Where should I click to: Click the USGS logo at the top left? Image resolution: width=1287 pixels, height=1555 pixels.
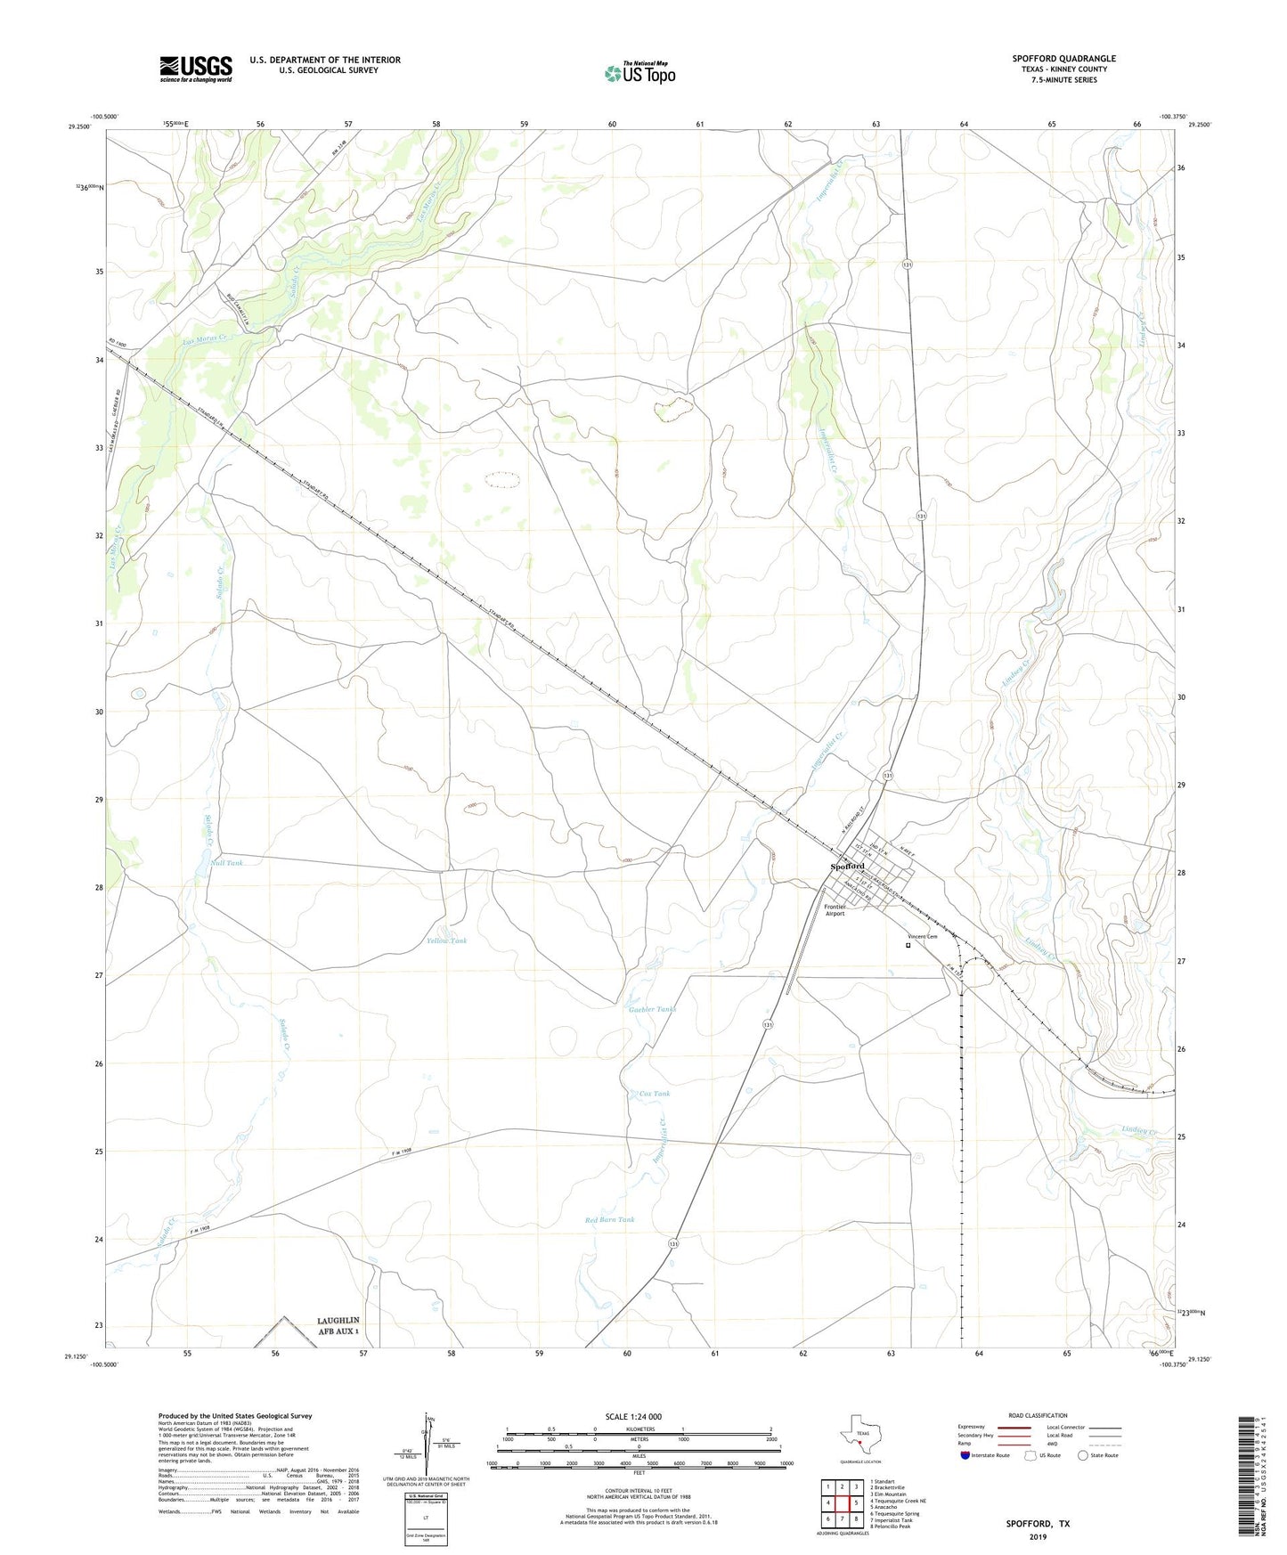click(196, 68)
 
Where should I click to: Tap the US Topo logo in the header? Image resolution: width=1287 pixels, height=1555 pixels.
click(639, 72)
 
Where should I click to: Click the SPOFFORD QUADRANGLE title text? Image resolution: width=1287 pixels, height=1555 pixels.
click(1063, 59)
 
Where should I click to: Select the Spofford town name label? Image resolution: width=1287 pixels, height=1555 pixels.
click(847, 866)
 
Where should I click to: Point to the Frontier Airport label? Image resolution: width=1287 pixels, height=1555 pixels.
click(835, 909)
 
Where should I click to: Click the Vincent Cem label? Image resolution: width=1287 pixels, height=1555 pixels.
click(922, 936)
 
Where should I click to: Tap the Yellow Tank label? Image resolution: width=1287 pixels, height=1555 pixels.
click(446, 940)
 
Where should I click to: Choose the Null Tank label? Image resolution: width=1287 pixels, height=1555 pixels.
click(225, 863)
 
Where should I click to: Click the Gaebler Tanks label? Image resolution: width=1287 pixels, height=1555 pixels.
click(652, 1009)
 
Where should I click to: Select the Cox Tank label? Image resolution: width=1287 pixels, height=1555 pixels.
click(655, 1094)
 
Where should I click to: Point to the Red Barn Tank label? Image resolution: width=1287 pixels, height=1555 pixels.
click(609, 1219)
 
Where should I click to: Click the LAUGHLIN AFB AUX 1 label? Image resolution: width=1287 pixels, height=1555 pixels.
click(338, 1325)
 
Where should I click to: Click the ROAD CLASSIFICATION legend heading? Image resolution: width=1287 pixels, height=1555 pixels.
click(1038, 1415)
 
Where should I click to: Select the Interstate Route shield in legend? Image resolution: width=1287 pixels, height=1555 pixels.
click(965, 1455)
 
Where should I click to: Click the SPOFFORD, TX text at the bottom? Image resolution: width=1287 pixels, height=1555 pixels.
click(1038, 1523)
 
